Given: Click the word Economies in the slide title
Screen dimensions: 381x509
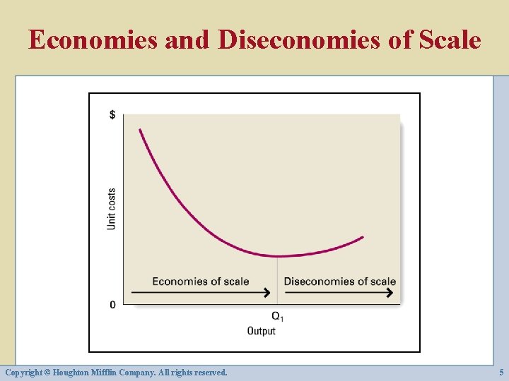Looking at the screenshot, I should [x=93, y=40].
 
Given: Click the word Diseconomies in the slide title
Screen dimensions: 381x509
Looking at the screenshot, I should [x=299, y=40].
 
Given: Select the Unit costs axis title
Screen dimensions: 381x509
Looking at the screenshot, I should [x=112, y=208].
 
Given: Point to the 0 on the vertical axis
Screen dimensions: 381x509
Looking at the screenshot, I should [x=113, y=305].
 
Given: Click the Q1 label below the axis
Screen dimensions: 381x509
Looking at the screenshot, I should [x=277, y=316].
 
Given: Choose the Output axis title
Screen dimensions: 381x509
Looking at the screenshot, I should [x=262, y=331].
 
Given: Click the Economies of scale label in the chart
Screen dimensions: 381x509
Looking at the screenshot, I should [x=201, y=282].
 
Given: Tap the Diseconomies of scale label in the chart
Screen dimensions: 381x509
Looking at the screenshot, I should [x=339, y=282].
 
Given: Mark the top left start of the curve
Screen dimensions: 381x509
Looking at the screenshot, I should [x=140, y=130].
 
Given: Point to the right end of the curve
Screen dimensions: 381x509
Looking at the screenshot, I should [x=363, y=237].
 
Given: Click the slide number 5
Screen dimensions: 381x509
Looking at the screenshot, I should [x=501, y=372].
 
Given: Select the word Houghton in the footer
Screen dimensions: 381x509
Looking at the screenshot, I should [x=83, y=372].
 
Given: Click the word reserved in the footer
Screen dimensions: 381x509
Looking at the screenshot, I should [x=209, y=372].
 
